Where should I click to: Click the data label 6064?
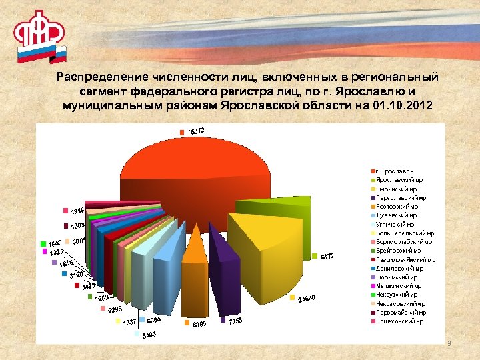coord(155,321)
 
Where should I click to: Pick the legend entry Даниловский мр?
coord(399,268)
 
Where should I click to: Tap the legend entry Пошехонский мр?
coord(399,321)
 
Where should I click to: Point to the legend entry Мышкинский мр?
coord(399,285)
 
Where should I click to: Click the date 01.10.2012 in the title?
coord(398,106)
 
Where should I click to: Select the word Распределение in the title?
coord(99,77)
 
